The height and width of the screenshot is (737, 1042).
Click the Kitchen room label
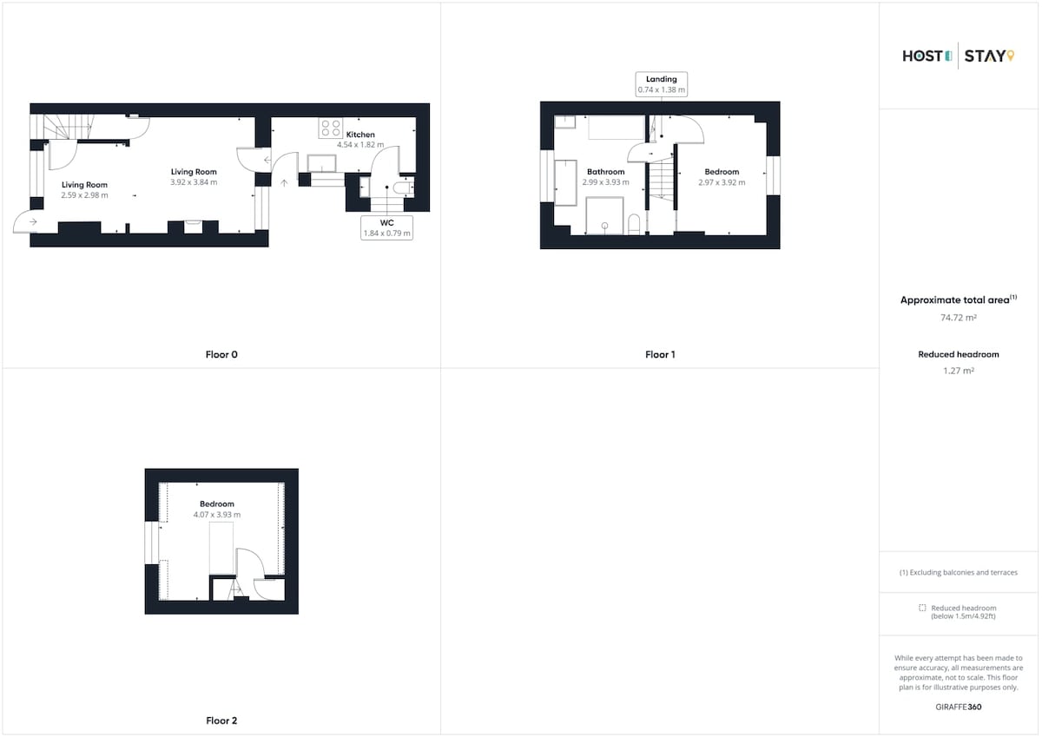coord(360,135)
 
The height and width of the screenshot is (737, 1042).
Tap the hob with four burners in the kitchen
coord(330,128)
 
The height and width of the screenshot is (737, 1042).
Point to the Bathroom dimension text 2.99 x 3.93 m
coord(605,182)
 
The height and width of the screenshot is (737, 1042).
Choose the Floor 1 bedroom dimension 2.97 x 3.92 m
coord(722,182)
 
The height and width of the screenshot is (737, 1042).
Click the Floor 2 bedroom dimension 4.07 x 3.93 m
coord(217,515)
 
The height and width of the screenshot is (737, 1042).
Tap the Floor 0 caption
coord(221,354)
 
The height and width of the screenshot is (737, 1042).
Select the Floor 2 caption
coord(221,721)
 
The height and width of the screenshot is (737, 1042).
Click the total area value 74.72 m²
coord(959,318)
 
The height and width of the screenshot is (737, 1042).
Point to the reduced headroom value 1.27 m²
coord(959,371)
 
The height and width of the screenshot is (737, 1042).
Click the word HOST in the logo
coord(922,56)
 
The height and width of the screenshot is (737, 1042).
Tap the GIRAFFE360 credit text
coord(959,707)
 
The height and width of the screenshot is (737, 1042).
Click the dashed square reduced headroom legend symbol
coord(922,608)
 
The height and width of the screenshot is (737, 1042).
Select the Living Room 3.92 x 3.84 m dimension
coord(194,182)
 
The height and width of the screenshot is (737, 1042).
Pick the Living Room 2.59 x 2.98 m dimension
coord(84,195)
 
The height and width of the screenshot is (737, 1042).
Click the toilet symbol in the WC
coord(403,188)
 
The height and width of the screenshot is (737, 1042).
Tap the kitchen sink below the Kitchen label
coord(321,163)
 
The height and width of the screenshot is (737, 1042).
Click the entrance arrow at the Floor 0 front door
coord(33,222)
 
